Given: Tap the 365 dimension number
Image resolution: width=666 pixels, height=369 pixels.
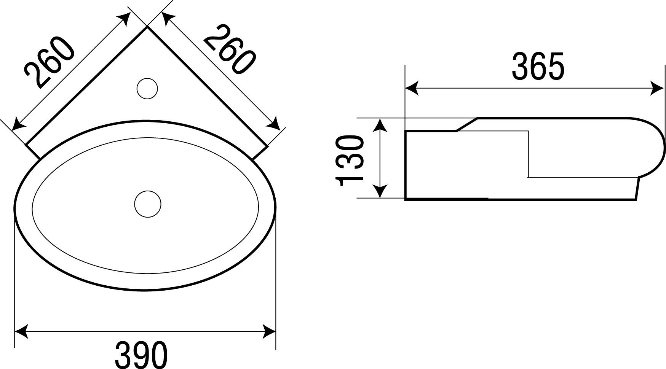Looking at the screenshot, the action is click(x=537, y=67).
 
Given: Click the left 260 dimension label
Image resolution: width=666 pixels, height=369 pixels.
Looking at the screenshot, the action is click(x=48, y=62).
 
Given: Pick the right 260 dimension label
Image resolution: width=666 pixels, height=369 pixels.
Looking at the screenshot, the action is click(x=229, y=49).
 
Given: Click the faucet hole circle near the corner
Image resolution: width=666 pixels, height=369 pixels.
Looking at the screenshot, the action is click(x=147, y=88).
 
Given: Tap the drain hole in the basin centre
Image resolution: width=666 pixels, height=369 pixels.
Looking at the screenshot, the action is click(x=148, y=204).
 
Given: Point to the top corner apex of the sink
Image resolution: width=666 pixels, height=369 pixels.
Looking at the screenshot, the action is click(x=147, y=27).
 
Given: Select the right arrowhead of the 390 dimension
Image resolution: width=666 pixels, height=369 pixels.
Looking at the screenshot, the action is click(x=268, y=330).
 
